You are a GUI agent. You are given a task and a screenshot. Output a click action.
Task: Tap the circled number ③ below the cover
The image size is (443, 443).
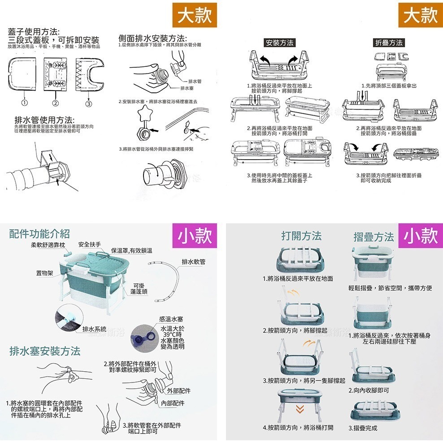coord(89,104)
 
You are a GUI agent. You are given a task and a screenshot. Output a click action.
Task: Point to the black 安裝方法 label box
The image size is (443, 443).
coord(280,43)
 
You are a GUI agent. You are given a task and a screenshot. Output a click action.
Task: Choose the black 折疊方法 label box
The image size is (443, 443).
coord(389,43)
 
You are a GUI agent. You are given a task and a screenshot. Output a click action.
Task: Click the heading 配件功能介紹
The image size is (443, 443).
coord(39,233)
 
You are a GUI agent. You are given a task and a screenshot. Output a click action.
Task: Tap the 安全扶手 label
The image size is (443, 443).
coord(89,244)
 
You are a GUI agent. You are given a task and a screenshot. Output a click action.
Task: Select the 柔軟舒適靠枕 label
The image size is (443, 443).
coord(48,244)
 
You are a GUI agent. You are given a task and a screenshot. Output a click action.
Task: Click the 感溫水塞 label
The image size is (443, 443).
coord(170,319)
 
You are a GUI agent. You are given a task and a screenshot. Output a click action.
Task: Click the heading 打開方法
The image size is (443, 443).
coord(301,236)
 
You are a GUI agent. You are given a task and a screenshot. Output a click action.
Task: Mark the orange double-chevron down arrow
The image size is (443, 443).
coord(300,408)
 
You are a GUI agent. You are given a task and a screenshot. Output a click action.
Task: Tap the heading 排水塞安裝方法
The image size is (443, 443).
coord(45,351)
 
